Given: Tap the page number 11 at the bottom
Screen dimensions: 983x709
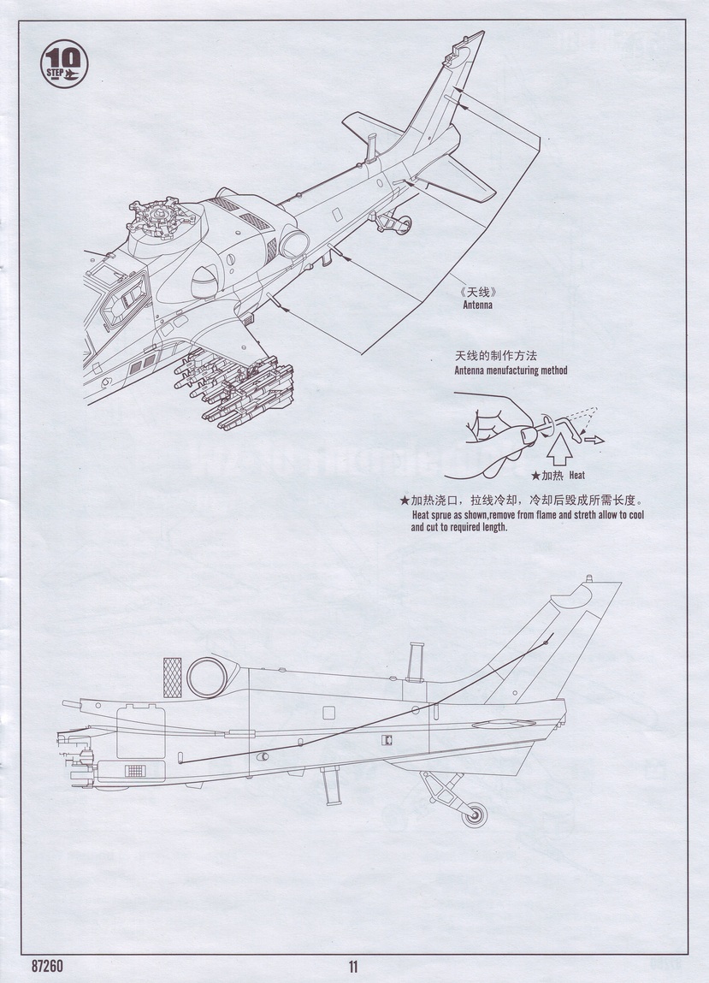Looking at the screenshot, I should (353, 967).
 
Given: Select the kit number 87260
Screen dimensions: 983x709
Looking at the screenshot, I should (46, 967).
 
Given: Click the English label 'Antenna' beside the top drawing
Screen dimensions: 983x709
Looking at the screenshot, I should (478, 305).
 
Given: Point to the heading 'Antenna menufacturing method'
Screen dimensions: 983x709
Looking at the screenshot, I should (510, 370).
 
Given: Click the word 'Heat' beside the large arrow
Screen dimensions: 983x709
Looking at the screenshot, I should (576, 475).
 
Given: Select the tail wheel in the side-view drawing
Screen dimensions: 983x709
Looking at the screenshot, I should (474, 814).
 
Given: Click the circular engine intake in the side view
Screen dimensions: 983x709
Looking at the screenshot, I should (206, 676).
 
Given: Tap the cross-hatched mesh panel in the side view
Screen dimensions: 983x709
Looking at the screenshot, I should (173, 676).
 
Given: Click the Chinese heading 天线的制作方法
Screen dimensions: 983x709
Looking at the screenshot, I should (499, 356).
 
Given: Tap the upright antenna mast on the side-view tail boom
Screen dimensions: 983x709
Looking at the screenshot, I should (415, 662).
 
